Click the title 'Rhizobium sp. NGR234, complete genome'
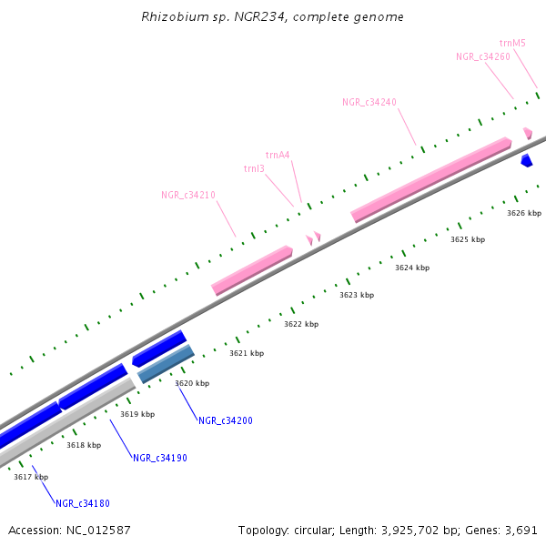[273, 17]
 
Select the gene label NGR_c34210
[188, 195]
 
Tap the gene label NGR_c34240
[369, 102]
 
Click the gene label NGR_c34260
[482, 56]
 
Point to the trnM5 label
[512, 43]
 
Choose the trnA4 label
[278, 155]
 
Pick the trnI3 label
[254, 168]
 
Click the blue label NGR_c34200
[226, 420]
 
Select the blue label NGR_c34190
[159, 458]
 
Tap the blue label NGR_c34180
[83, 503]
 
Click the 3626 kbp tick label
[524, 213]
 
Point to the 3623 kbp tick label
[357, 295]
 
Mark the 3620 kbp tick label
[192, 383]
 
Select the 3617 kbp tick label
[31, 477]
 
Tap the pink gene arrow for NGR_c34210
[252, 269]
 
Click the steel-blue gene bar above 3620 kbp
[166, 364]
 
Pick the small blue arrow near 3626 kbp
[526, 161]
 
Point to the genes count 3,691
[520, 530]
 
